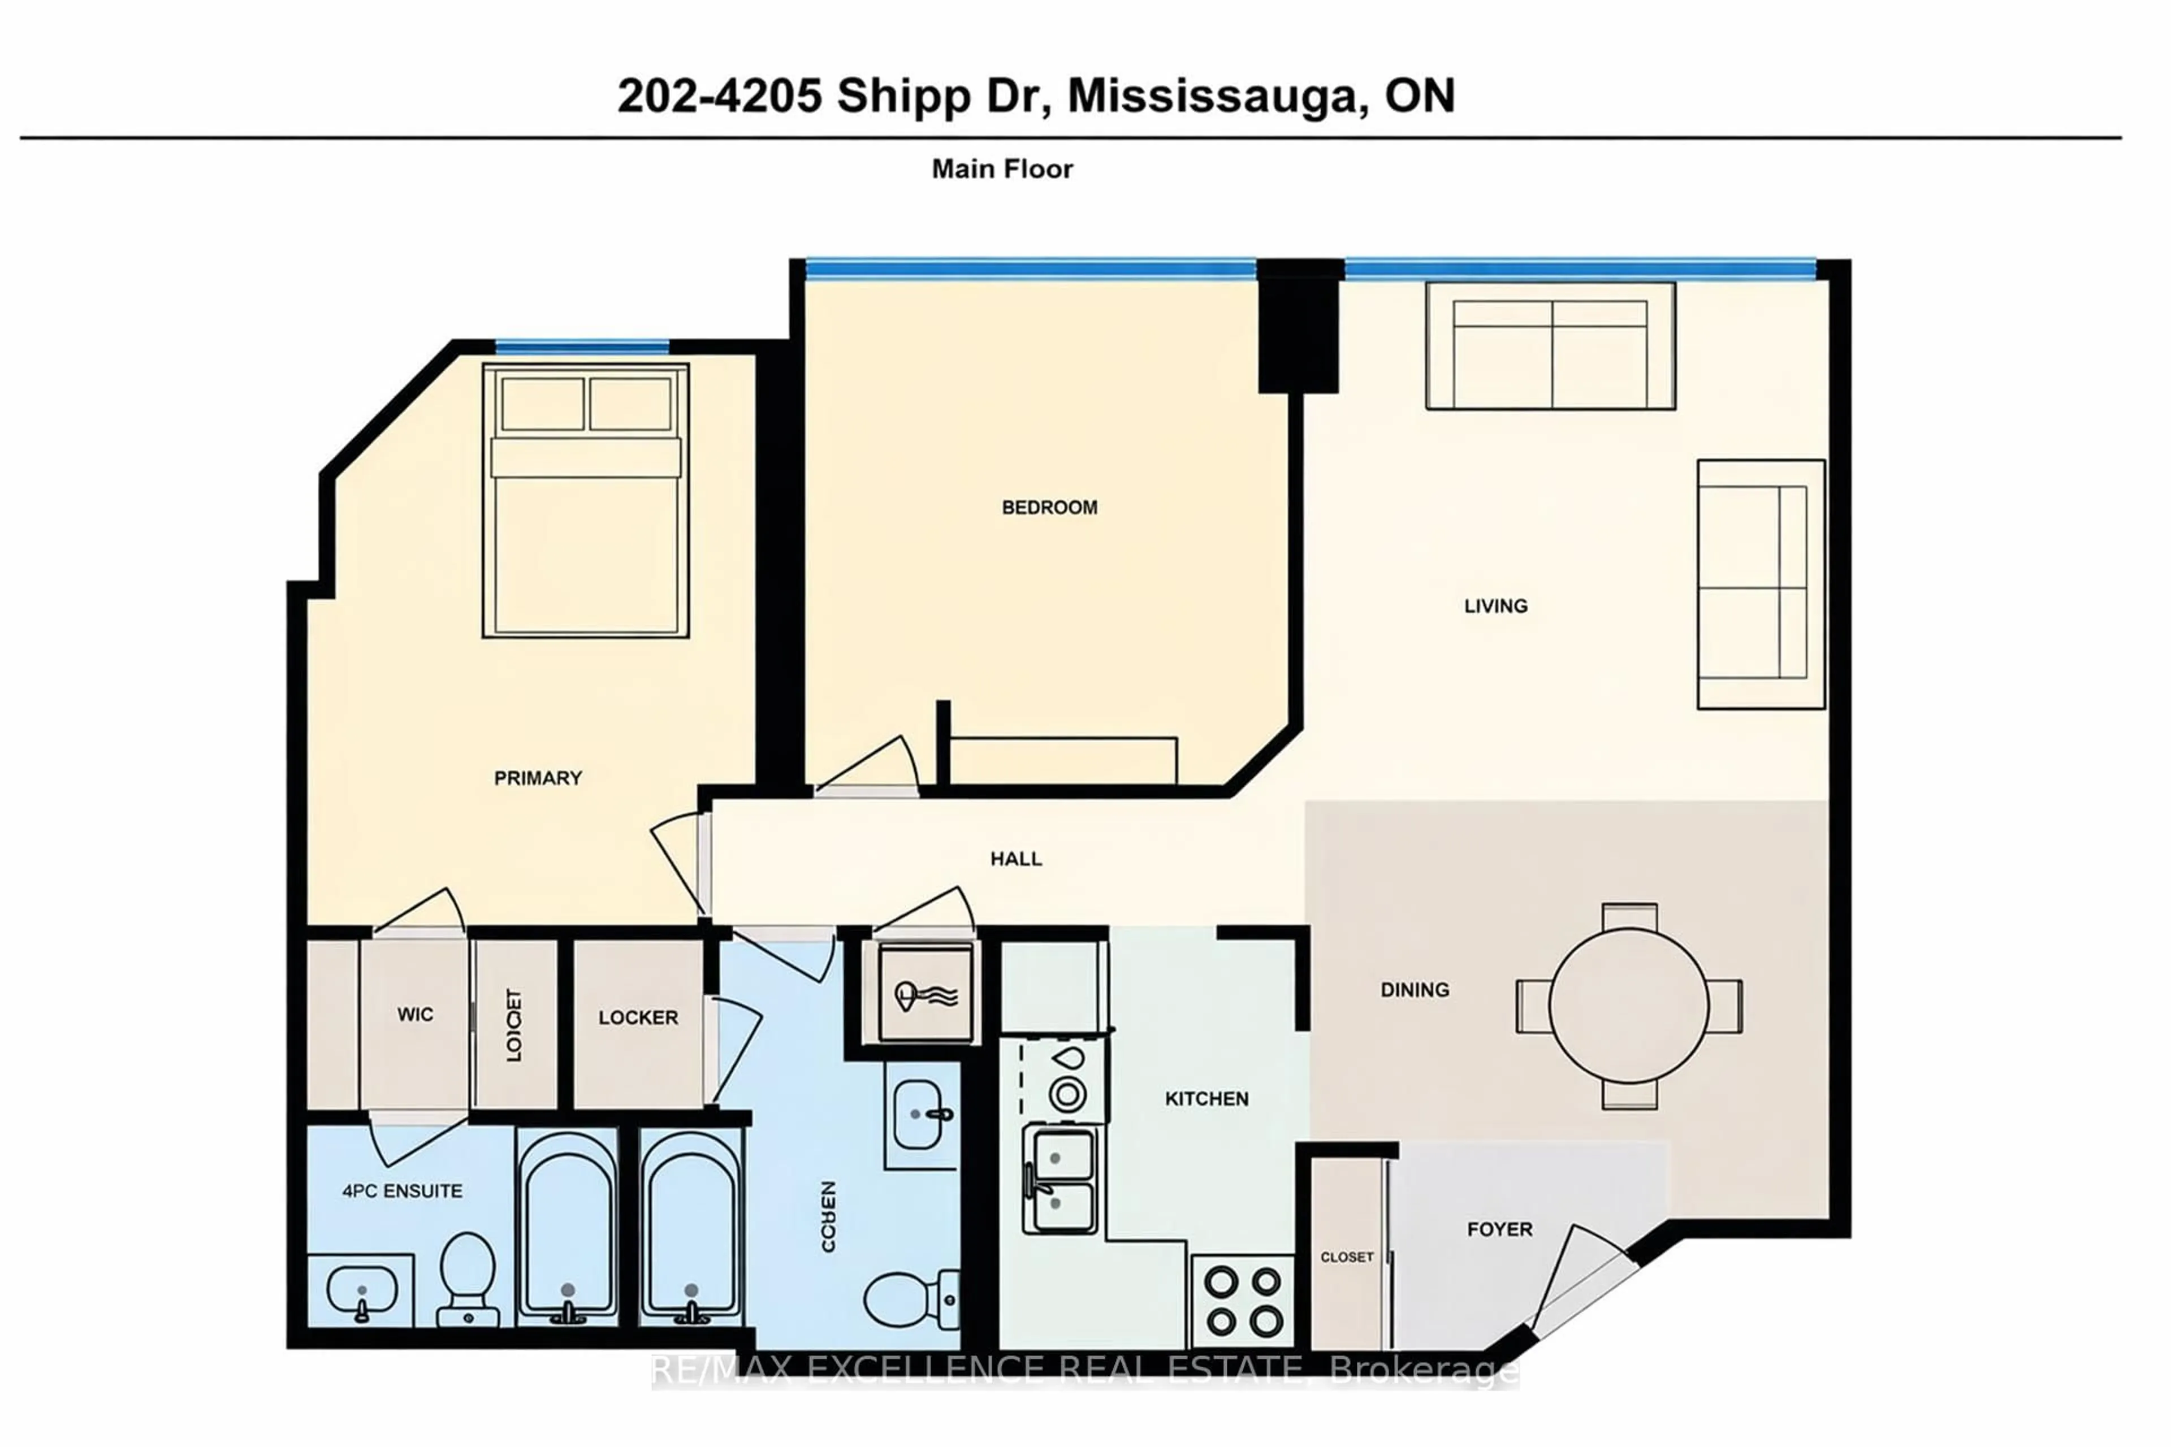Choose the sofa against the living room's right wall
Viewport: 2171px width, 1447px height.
[1759, 584]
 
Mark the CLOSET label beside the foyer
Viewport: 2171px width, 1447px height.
[1347, 1257]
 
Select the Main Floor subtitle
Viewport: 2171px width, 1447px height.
[1001, 169]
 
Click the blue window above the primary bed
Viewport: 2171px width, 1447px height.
[582, 347]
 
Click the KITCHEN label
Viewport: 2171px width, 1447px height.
[1206, 1098]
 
